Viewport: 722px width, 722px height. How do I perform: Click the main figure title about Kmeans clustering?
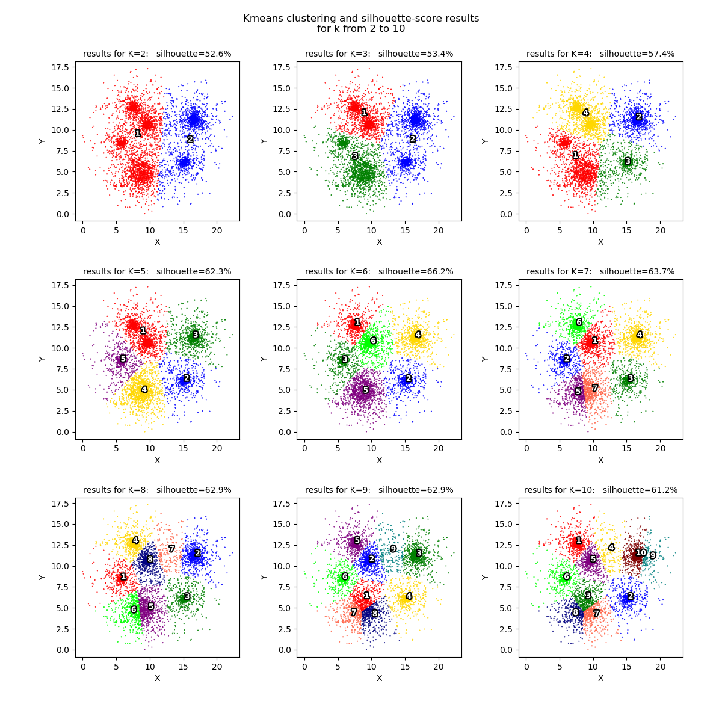pyautogui.click(x=361, y=23)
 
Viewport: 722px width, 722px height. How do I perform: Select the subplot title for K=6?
pyautogui.click(x=379, y=272)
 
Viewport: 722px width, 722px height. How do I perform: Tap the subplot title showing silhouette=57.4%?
pyautogui.click(x=600, y=54)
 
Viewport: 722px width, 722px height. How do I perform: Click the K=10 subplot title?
pyautogui.click(x=600, y=490)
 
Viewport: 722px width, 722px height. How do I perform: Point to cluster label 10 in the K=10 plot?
pyautogui.click(x=641, y=552)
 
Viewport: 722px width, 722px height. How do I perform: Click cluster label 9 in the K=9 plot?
pyautogui.click(x=393, y=549)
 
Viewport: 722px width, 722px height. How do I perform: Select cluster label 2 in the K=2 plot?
pyautogui.click(x=190, y=140)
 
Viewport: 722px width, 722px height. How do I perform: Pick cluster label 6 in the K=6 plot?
pyautogui.click(x=373, y=341)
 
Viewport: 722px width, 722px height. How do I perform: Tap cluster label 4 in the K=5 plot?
pyautogui.click(x=144, y=390)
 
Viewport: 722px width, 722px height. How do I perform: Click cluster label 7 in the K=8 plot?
pyautogui.click(x=171, y=549)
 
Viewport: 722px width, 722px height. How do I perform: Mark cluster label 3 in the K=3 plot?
pyautogui.click(x=355, y=156)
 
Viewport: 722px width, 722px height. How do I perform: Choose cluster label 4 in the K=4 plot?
pyautogui.click(x=585, y=113)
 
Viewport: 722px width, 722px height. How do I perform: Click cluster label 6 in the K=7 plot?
pyautogui.click(x=579, y=322)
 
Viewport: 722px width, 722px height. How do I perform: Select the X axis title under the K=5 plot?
pyautogui.click(x=157, y=460)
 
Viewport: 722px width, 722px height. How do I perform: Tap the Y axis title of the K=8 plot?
pyautogui.click(x=42, y=577)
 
